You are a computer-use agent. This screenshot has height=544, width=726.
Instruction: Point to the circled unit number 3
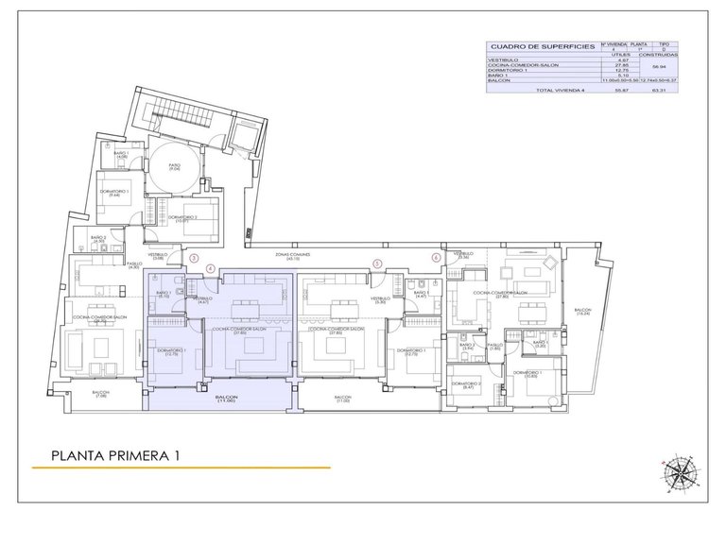pyautogui.click(x=194, y=257)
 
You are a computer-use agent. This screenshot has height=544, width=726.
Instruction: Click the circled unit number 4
pyautogui.click(x=211, y=266)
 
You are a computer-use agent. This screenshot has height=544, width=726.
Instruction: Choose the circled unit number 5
pyautogui.click(x=377, y=264)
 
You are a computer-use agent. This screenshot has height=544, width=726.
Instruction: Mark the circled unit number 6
pyautogui.click(x=436, y=257)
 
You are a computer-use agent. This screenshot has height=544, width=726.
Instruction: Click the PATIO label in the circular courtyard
pyautogui.click(x=174, y=165)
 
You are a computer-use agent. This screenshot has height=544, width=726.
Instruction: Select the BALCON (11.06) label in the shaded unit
pyautogui.click(x=226, y=399)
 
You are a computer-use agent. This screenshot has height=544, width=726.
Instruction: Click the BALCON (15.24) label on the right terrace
pyautogui.click(x=581, y=314)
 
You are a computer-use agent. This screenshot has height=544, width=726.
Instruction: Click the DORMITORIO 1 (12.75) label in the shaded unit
pyautogui.click(x=171, y=352)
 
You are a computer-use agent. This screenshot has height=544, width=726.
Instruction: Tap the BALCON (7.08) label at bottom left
pyautogui.click(x=100, y=395)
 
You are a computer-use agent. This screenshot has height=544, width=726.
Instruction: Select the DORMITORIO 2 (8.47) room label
pyautogui.click(x=468, y=385)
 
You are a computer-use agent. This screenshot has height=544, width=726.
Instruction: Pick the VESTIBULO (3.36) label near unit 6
pyautogui.click(x=462, y=255)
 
